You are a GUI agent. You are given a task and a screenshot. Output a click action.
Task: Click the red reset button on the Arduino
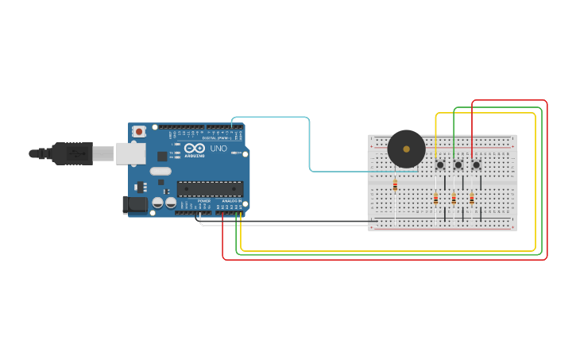click(139, 131)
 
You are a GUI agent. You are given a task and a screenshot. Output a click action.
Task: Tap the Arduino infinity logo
click(194, 149)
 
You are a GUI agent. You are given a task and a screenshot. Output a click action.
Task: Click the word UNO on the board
click(218, 149)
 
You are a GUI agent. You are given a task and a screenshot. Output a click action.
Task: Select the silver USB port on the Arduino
click(130, 153)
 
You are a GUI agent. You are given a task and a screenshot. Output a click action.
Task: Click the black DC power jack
click(135, 205)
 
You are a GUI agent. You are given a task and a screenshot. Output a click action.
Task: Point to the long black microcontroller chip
click(210, 188)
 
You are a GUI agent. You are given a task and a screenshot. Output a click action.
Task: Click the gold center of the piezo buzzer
click(407, 149)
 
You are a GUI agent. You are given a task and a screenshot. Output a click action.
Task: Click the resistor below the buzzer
click(395, 185)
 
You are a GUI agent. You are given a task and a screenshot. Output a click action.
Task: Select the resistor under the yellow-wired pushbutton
click(435, 199)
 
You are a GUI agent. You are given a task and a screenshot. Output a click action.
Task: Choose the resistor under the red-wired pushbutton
click(472, 199)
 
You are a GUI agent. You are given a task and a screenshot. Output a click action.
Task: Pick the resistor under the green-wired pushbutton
click(454, 199)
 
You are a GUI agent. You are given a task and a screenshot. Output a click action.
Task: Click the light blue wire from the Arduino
click(309, 143)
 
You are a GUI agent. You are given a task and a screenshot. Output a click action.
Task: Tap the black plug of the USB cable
click(72, 153)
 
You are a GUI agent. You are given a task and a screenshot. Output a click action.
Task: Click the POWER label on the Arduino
click(204, 201)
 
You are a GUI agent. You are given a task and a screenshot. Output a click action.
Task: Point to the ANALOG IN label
click(230, 201)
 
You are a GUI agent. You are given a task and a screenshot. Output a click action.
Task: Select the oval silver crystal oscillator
click(160, 171)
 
